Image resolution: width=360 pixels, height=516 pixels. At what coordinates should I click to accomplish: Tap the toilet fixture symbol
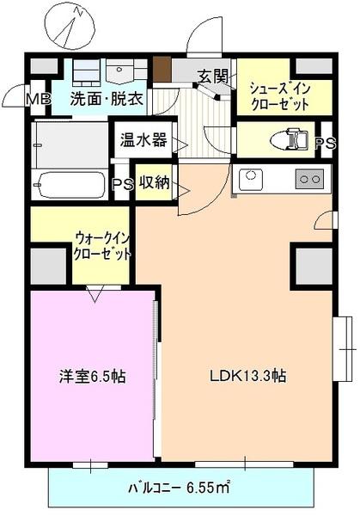(x=289, y=139)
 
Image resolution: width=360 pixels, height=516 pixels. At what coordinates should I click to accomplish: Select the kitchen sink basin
(x=251, y=180)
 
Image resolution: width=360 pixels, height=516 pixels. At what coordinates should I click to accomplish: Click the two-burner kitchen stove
(x=309, y=180)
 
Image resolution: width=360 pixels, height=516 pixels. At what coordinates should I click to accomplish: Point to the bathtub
(x=70, y=184)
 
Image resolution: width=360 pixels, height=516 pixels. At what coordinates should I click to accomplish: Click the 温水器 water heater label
(x=143, y=139)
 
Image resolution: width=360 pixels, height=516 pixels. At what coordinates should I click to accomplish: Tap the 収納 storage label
(x=154, y=182)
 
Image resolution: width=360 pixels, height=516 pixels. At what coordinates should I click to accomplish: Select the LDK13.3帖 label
(x=248, y=376)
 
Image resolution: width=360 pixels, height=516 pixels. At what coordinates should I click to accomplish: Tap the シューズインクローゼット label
(x=281, y=94)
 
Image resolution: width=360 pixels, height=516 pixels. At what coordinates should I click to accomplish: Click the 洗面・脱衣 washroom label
(x=108, y=98)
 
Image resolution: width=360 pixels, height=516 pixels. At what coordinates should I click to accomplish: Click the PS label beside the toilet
(x=324, y=144)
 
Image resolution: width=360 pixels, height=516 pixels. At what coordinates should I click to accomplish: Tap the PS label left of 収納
(x=123, y=184)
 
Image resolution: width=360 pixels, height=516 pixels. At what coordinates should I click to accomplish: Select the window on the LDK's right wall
(x=344, y=347)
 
